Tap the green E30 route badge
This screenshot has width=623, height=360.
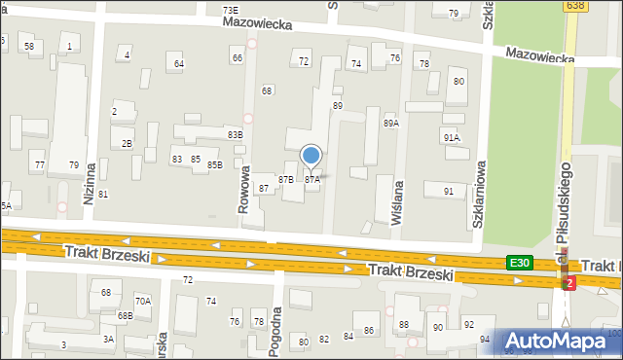coord(520,263)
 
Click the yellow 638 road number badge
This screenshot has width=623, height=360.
coord(574,6)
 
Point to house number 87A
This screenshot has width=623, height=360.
coord(312,180)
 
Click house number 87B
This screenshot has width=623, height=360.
coord(286,180)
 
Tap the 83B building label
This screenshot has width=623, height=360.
coord(235,134)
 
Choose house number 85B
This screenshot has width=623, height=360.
coord(214,164)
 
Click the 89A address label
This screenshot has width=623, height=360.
coord(391,124)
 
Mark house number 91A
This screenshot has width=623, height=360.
coord(451,138)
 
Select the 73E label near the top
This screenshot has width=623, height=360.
coord(230,9)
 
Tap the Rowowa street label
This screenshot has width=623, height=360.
coord(245,187)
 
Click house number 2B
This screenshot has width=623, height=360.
coord(128,144)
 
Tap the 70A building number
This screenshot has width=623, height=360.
coord(143,302)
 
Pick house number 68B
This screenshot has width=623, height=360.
coord(125,315)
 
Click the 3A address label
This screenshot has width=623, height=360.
coord(109,339)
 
